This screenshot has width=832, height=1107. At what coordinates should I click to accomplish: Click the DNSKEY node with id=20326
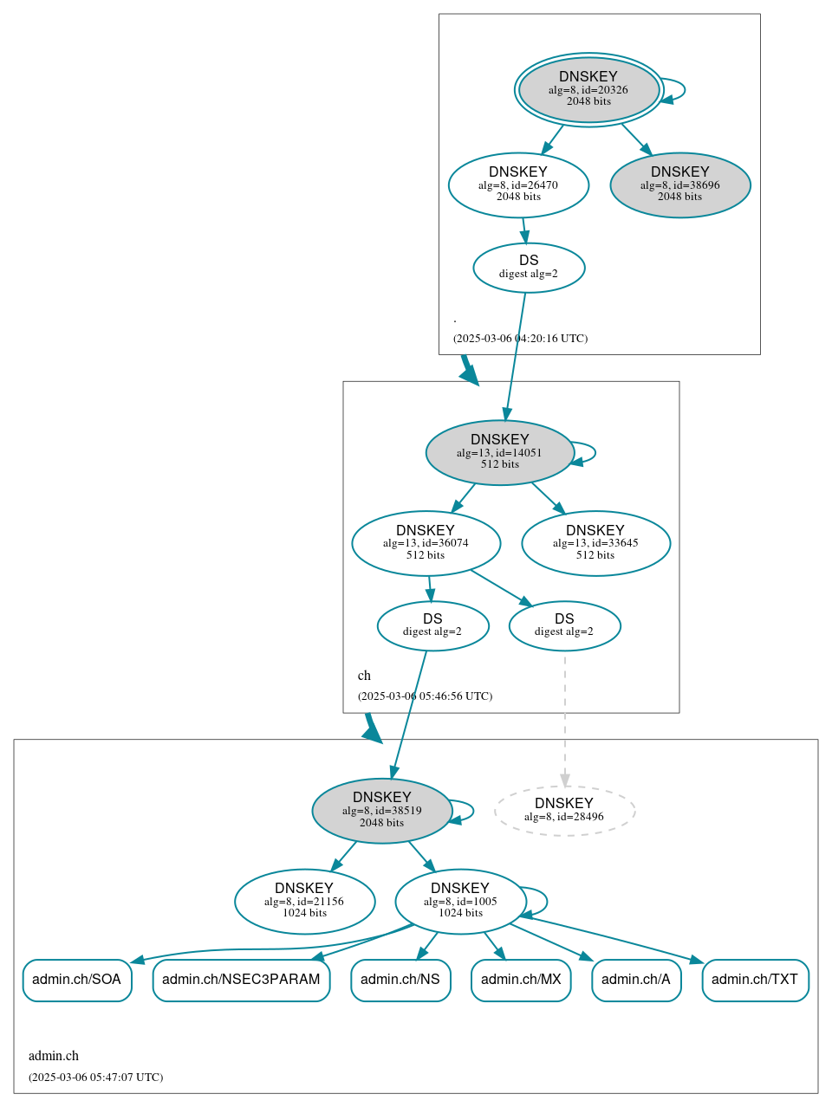pyautogui.click(x=588, y=89)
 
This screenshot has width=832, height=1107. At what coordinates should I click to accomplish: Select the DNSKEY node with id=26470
pyautogui.click(x=518, y=184)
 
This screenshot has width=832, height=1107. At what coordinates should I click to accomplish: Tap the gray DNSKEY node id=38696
pyautogui.click(x=680, y=184)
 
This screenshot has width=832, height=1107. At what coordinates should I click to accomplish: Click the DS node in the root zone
pyautogui.click(x=529, y=268)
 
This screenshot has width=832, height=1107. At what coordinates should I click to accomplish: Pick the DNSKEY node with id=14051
pyautogui.click(x=499, y=452)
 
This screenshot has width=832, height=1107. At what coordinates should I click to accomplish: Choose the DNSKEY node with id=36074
pyautogui.click(x=426, y=543)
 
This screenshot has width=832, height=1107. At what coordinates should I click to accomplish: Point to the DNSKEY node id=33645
pyautogui.click(x=595, y=543)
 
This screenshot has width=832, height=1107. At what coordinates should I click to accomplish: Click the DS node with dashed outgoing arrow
pyautogui.click(x=564, y=625)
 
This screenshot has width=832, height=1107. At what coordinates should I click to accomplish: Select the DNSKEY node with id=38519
pyautogui.click(x=382, y=811)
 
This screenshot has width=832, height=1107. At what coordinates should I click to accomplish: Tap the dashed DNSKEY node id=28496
pyautogui.click(x=564, y=811)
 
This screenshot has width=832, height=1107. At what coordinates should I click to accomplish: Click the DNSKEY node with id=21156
pyautogui.click(x=304, y=902)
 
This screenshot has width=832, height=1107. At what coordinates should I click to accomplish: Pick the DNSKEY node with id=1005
pyautogui.click(x=460, y=902)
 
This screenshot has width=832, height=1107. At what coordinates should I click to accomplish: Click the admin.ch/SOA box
pyautogui.click(x=77, y=980)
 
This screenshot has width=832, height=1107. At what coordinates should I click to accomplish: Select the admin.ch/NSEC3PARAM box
pyautogui.click(x=241, y=980)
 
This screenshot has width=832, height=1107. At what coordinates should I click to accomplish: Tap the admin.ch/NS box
pyautogui.click(x=400, y=980)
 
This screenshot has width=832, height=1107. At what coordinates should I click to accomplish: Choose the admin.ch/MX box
pyautogui.click(x=521, y=980)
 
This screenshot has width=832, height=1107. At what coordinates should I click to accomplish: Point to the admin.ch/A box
pyautogui.click(x=636, y=980)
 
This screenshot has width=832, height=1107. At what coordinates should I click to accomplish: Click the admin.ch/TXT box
pyautogui.click(x=755, y=980)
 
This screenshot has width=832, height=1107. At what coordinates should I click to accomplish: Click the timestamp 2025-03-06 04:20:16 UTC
pyautogui.click(x=520, y=339)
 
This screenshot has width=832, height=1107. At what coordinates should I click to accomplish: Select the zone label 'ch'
pyautogui.click(x=364, y=676)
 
